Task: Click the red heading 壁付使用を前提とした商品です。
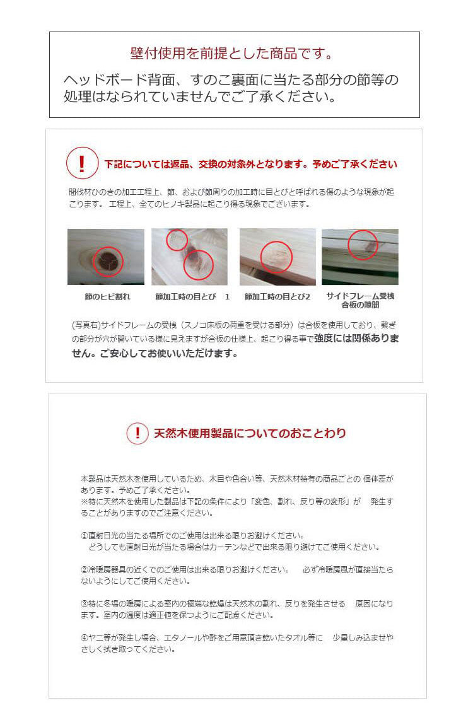tap(231, 53)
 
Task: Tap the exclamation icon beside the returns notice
tap(82, 163)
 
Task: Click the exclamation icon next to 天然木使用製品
tap(137, 433)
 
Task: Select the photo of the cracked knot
tap(105, 257)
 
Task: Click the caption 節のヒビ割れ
tap(107, 296)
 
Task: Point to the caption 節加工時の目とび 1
tap(192, 296)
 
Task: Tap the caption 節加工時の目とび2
tap(277, 296)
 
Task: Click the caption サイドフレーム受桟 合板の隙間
tap(360, 300)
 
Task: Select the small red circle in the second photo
tap(177, 240)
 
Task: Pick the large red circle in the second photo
tap(198, 264)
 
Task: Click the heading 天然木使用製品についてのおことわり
tap(250, 433)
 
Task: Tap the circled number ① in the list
tap(84, 535)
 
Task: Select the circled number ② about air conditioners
tap(84, 569)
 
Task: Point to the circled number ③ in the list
tap(84, 603)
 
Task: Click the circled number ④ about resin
tap(84, 637)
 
